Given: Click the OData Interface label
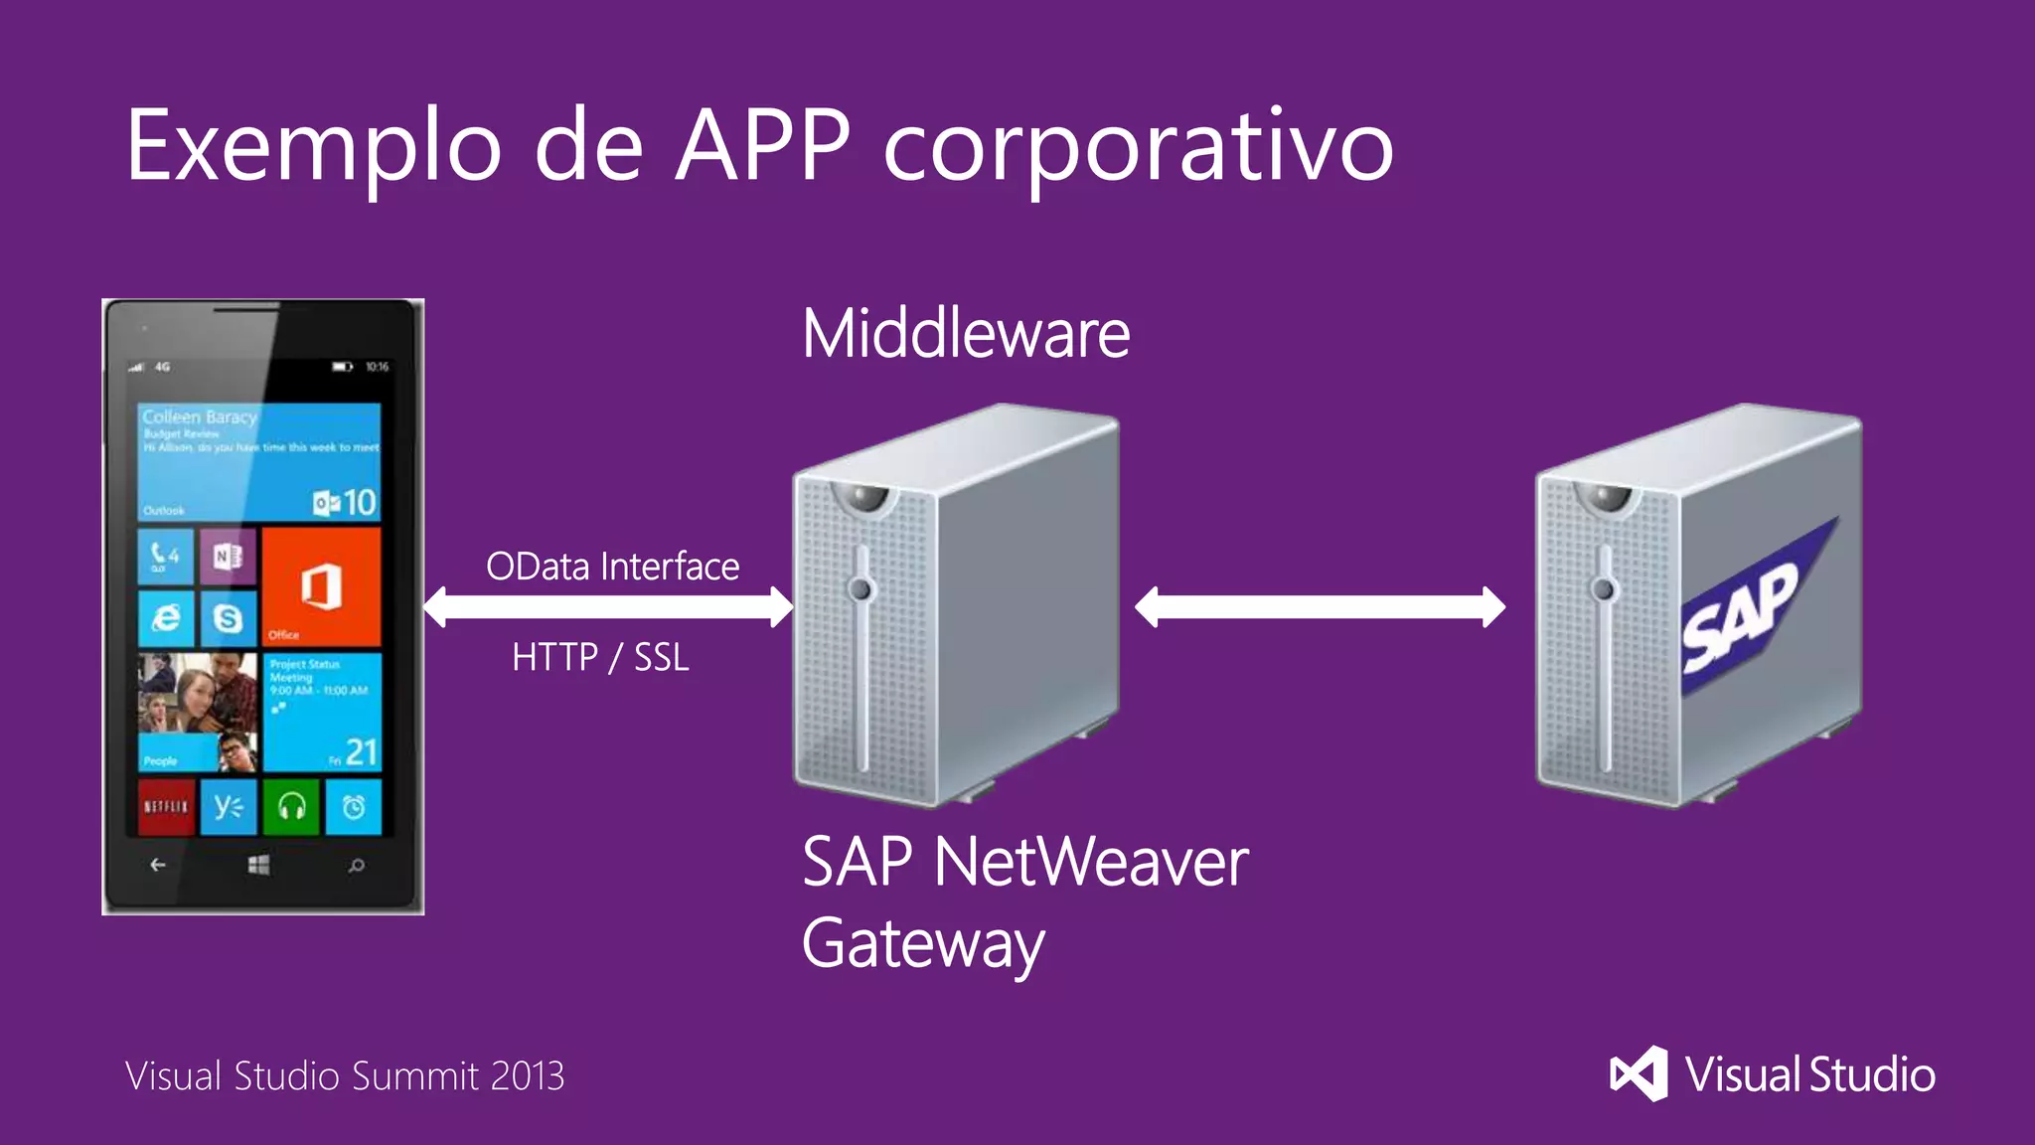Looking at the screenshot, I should pyautogui.click(x=612, y=567).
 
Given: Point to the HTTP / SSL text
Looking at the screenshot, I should pyautogui.click(x=600, y=657).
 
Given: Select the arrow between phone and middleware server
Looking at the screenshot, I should pyautogui.click(x=608, y=607).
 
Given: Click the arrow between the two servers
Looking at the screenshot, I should pyautogui.click(x=1320, y=607).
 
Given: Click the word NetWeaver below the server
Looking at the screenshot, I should pyautogui.click(x=1091, y=862).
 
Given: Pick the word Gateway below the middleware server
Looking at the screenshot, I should pyautogui.click(x=923, y=944).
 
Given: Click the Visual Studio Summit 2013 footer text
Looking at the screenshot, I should pyautogui.click(x=345, y=1076).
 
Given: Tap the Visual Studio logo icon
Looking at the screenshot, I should pyautogui.click(x=1639, y=1073).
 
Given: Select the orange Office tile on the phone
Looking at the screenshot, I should pyautogui.click(x=321, y=586).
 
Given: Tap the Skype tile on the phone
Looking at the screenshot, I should pyautogui.click(x=229, y=618).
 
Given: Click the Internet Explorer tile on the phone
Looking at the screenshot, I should pyautogui.click(x=166, y=618).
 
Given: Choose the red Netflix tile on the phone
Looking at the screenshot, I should pyautogui.click(x=166, y=806).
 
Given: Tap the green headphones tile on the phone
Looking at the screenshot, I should pyautogui.click(x=291, y=806).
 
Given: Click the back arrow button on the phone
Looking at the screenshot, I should pyautogui.click(x=158, y=865).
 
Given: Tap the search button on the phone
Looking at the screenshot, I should pyautogui.click(x=356, y=865).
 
